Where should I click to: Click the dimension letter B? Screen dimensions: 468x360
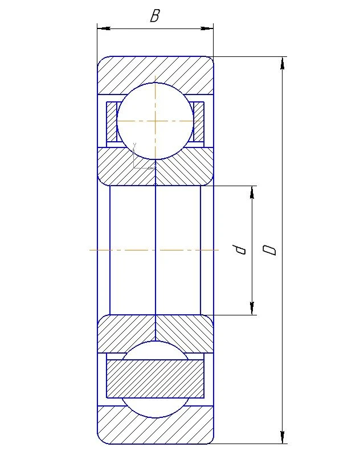(154, 17)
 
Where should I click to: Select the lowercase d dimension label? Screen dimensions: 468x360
(242, 249)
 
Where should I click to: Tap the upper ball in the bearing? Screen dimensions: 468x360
(155, 121)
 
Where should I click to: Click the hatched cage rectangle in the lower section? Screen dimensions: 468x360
(155, 379)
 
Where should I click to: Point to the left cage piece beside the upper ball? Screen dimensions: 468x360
(112, 121)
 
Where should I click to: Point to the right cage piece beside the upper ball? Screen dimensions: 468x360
(198, 121)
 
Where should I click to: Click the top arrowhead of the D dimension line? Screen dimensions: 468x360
(283, 62)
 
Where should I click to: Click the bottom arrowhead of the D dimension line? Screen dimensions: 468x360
(283, 438)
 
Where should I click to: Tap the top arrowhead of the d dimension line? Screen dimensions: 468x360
(252, 191)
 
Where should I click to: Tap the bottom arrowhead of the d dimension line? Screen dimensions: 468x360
(252, 309)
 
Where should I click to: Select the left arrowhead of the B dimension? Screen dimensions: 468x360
(103, 27)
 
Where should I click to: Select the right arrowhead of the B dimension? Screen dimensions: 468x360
(207, 27)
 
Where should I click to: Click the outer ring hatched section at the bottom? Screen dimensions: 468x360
(155, 428)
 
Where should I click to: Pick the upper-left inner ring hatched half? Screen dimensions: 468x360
(122, 168)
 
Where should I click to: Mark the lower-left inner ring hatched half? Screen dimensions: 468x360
(122, 333)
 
